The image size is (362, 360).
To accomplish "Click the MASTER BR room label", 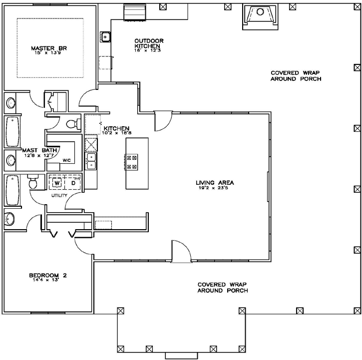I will [x=49, y=48].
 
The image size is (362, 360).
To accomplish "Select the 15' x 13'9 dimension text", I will [x=49, y=53].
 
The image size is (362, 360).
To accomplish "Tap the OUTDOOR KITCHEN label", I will [x=149, y=43].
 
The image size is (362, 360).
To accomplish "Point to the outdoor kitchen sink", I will [x=105, y=36].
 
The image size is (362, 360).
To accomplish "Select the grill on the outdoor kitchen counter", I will [x=134, y=11].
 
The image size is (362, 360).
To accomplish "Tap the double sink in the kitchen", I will [x=92, y=160].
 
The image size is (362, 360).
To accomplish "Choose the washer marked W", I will [x=57, y=183].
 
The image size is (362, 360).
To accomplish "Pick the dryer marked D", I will [x=72, y=183].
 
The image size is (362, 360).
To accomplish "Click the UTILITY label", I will [x=59, y=196].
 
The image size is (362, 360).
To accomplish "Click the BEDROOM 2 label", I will [x=47, y=276].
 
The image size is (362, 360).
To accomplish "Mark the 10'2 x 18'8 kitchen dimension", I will [x=117, y=133].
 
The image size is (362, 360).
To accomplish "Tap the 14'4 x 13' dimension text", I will [x=47, y=281].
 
